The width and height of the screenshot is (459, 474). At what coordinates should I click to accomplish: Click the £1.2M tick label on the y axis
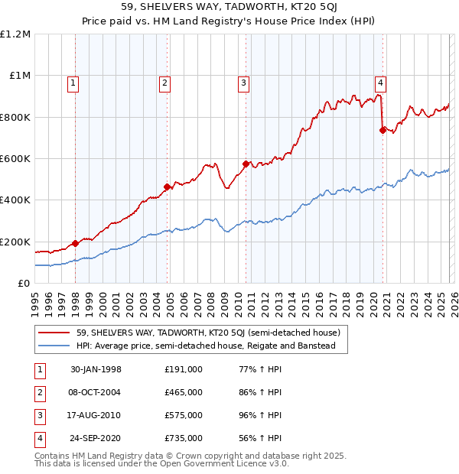pyautogui.click(x=15, y=34)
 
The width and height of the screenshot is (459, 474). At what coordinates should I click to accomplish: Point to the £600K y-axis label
pyautogui.click(x=15, y=159)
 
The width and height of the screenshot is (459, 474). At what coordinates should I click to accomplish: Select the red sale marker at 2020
pyautogui.click(x=382, y=130)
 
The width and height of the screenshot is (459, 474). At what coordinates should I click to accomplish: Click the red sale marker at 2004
pyautogui.click(x=167, y=187)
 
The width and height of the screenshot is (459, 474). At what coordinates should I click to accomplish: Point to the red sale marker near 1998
pyautogui.click(x=76, y=244)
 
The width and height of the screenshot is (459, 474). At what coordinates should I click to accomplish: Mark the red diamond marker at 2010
pyautogui.click(x=246, y=164)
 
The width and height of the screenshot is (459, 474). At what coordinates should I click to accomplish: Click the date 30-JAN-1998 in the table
pyautogui.click(x=96, y=369)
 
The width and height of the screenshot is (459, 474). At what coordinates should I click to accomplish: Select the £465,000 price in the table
pyautogui.click(x=184, y=392)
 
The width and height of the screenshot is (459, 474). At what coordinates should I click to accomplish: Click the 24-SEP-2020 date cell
pyautogui.click(x=96, y=438)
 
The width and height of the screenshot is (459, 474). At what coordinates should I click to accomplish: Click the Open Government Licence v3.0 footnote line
pyautogui.click(x=162, y=463)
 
